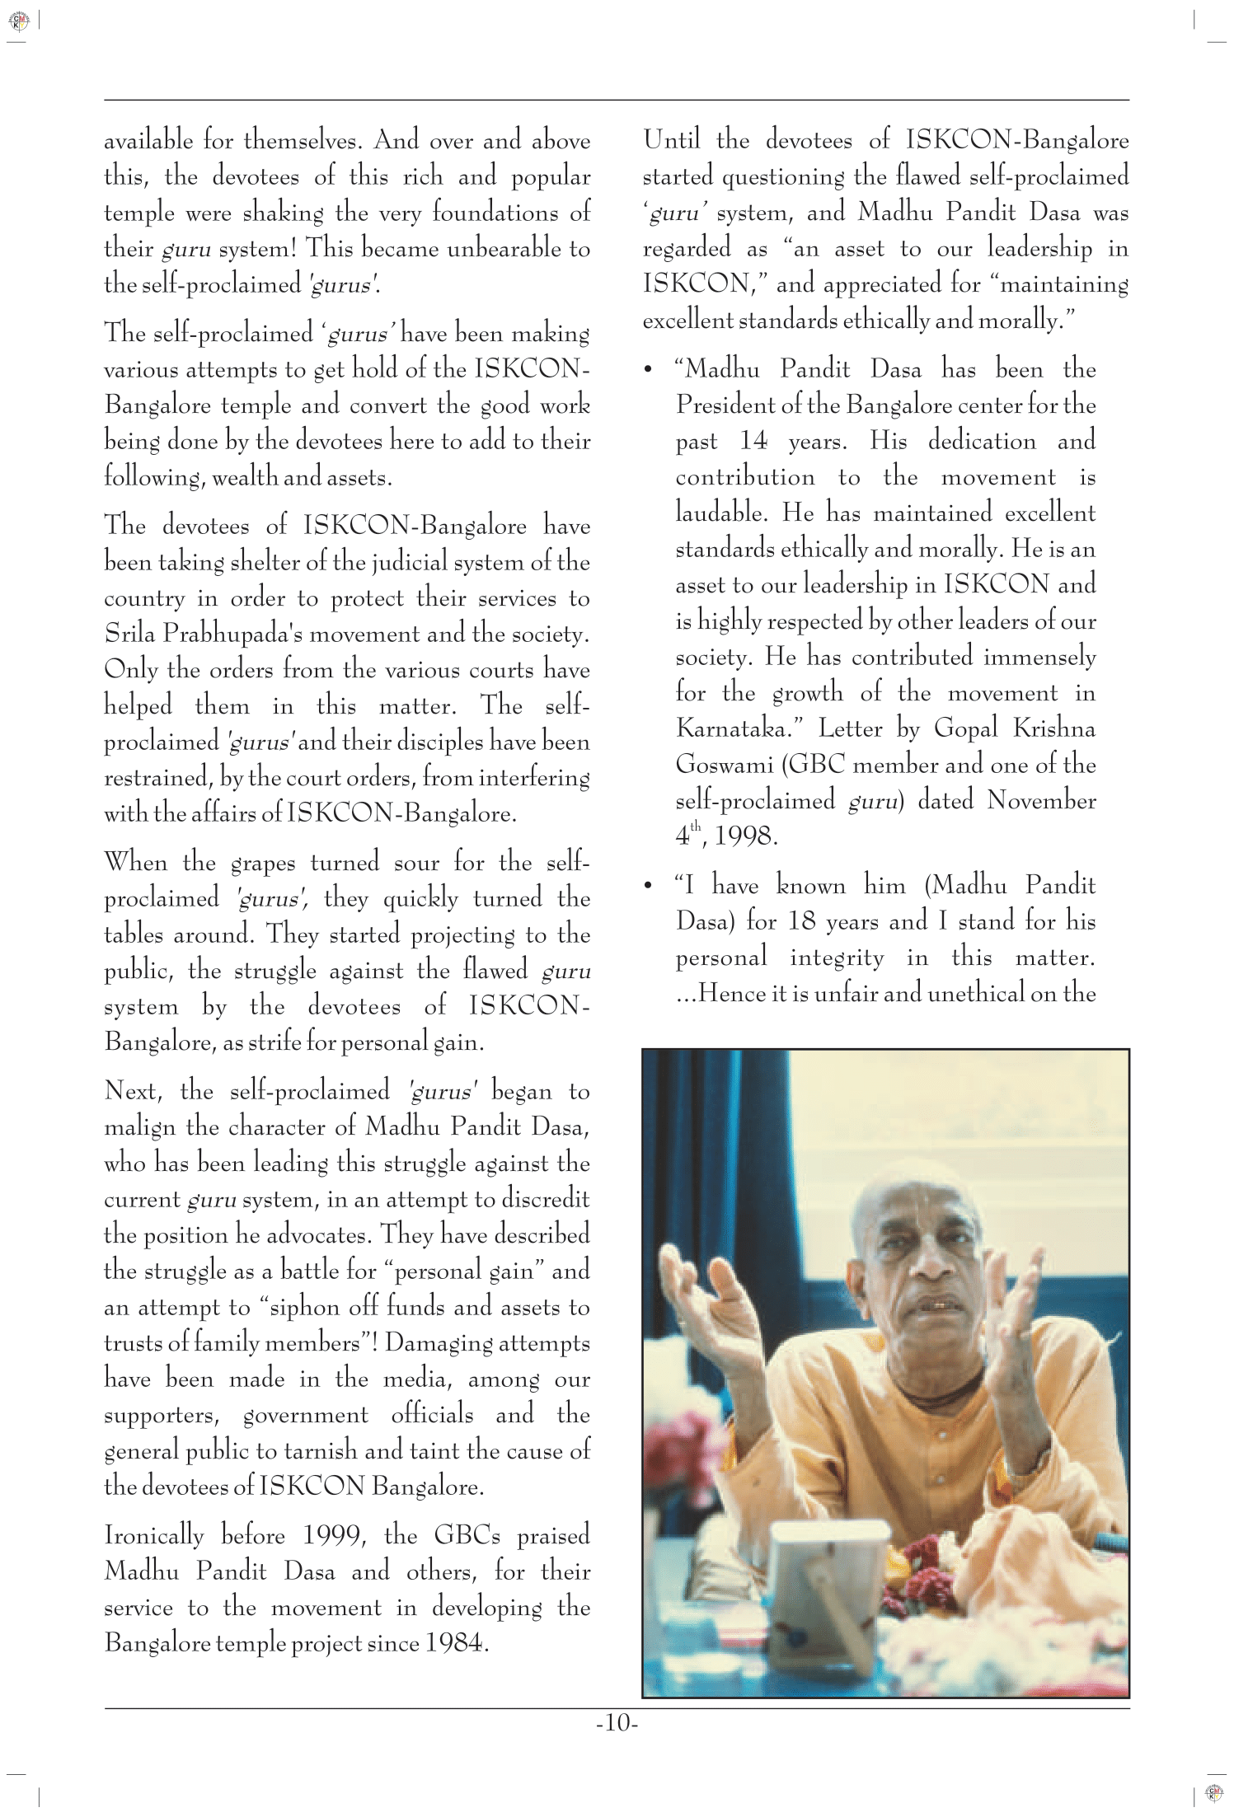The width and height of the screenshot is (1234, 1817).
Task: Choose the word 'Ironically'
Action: [153, 1536]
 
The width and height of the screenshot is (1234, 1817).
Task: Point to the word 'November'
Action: [1041, 801]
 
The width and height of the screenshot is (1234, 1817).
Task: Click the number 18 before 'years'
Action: [801, 921]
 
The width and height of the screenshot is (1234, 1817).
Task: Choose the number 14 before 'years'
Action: [753, 441]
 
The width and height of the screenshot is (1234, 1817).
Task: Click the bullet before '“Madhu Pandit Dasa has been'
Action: [648, 369]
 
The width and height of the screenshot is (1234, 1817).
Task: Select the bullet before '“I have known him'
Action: [648, 887]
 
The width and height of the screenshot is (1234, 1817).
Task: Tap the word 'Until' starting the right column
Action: [672, 140]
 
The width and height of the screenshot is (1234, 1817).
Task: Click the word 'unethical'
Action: [976, 993]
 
